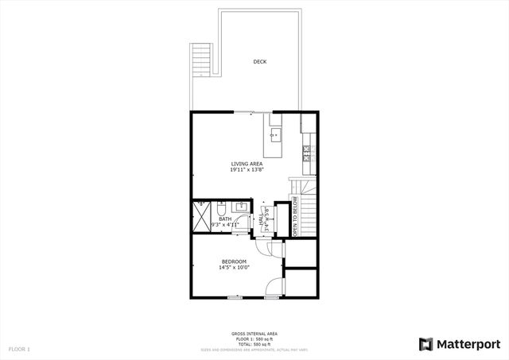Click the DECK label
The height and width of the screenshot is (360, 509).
point(259,61)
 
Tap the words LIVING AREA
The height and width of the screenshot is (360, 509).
point(247,164)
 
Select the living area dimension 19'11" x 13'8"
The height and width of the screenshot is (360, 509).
point(247,170)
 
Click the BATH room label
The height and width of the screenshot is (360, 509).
point(225,219)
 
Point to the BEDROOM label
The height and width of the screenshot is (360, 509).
point(234,261)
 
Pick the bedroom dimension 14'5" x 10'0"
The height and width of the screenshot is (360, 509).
point(234,268)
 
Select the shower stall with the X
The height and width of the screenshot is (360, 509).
point(202,215)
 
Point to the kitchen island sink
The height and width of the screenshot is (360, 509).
point(275,135)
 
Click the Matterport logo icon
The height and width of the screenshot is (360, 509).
point(425,343)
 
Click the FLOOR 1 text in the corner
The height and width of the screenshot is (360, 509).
point(18,349)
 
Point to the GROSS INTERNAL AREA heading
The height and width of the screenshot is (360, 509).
point(254,335)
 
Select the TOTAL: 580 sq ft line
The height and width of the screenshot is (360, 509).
point(254,344)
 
